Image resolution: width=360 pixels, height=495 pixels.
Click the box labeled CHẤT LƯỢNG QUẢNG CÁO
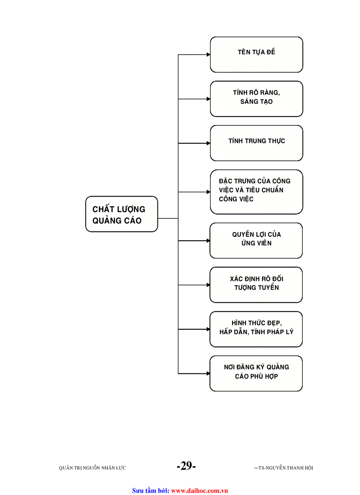[121, 214]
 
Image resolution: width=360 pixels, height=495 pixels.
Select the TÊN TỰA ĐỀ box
[256, 54]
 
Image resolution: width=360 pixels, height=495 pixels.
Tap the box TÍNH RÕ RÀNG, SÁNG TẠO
[256, 99]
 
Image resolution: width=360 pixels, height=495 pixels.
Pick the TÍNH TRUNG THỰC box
[256, 143]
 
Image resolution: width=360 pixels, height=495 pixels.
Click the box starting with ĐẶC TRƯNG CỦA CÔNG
[256, 192]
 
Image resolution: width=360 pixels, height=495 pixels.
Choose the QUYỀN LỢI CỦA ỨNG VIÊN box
[256, 240]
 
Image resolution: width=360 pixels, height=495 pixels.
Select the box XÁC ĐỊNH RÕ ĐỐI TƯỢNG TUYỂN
[256, 285]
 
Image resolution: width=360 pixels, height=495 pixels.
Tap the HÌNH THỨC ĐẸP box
[256, 329]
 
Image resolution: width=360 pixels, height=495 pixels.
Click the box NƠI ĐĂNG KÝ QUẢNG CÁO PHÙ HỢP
[256, 373]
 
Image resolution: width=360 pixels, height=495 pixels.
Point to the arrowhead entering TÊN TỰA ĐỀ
[208, 55]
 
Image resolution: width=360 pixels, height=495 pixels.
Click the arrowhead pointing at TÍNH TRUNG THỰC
[208, 143]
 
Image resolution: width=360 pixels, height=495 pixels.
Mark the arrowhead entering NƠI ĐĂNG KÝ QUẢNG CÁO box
[208, 374]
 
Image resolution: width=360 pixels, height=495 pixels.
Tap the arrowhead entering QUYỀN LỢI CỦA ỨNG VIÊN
[208, 241]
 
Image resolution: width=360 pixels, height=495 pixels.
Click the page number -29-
[186, 466]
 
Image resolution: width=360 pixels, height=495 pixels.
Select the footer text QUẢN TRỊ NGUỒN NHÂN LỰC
[92, 468]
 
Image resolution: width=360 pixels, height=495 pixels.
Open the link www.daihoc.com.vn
[199, 490]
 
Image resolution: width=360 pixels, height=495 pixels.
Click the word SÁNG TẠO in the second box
[256, 102]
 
